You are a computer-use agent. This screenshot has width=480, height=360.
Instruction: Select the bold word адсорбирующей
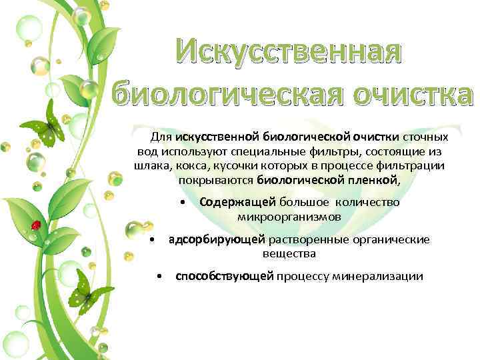coord(217,239)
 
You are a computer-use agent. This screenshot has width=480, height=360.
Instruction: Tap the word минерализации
coord(383,277)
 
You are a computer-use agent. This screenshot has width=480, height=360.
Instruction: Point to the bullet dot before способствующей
coord(159,277)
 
